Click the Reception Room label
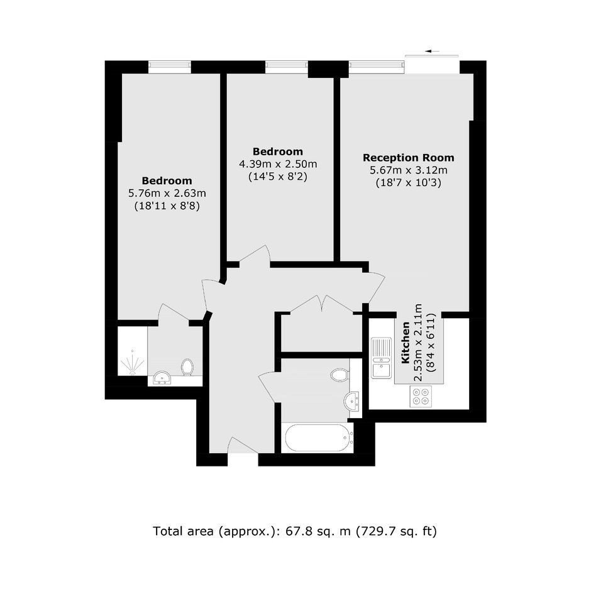pos(408,158)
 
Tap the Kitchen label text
pos(406,343)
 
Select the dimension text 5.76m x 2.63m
pos(167,194)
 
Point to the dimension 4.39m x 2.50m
pos(278,164)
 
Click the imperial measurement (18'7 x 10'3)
pos(409,183)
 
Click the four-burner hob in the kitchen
pos(421,396)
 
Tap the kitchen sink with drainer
pos(382,358)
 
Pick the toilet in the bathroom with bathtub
pos(340,375)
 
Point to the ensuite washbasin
pos(162,378)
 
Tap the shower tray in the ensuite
pos(132,351)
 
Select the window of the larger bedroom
pos(170,67)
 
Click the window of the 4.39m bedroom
pos(287,67)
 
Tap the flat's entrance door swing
pos(243,445)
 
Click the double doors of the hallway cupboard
pos(321,304)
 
